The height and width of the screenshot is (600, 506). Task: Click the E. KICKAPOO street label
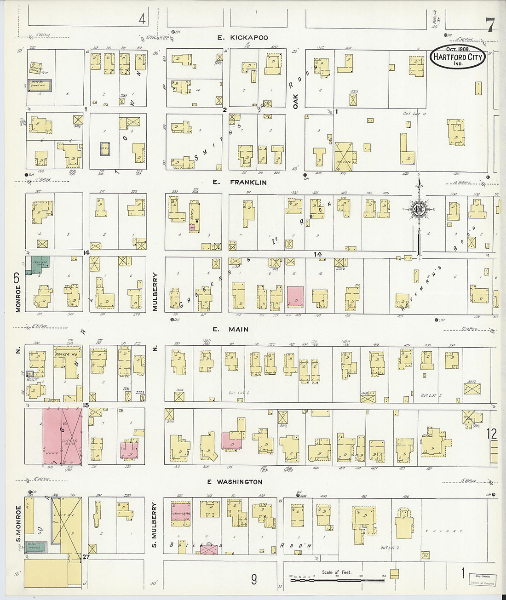pos(242,38)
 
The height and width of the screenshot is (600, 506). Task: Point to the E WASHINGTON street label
pos(235,482)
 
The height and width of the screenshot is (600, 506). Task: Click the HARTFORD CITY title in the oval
pos(458,57)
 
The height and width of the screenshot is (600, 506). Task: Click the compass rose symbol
pos(419,210)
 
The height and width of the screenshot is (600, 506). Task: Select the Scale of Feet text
pos(336,572)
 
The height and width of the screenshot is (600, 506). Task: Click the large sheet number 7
pos(490,25)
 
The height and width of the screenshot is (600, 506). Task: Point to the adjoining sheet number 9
pos(253,579)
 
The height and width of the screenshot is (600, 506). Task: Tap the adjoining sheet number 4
pos(142,19)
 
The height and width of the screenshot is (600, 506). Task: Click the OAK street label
pos(295,102)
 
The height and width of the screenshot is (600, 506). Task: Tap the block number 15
pos(86,405)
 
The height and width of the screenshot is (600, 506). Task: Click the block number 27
pos(86,557)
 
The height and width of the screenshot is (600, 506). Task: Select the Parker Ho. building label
pos(67,354)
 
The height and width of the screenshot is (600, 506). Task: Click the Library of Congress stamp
pos(483,579)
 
